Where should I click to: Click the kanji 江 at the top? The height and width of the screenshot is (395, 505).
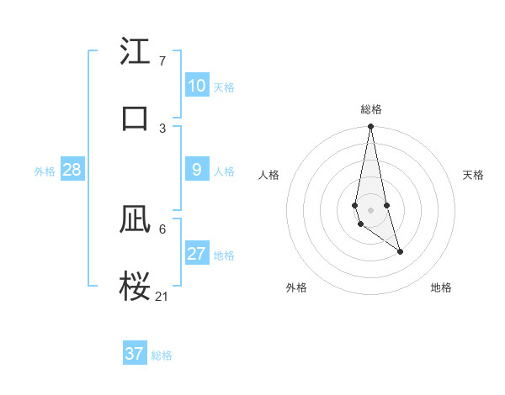135,53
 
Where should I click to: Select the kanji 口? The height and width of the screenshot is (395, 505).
135,118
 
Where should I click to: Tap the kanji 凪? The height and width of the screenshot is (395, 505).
135,220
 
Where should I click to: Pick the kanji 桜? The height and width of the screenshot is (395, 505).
135,286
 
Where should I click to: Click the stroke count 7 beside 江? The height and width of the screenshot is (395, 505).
162,61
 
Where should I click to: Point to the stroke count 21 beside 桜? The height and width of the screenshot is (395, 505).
162,296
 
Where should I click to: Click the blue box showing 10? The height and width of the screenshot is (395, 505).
197,86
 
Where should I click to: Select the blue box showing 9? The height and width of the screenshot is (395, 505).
197,170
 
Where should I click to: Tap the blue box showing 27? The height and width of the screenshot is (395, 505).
197,254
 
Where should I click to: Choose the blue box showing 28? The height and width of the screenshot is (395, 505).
72,170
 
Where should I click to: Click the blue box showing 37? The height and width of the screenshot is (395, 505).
135,354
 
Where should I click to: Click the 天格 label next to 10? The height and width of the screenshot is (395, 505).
224,87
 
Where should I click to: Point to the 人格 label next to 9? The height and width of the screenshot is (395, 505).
224,171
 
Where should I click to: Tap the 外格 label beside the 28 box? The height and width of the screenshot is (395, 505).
45,171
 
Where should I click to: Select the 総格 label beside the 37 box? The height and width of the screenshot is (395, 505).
162,355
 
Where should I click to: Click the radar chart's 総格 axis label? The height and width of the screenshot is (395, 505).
370,109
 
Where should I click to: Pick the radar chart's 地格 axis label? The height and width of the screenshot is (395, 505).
441,287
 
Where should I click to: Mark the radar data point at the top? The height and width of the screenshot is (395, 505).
370,127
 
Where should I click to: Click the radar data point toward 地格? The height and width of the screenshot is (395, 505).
400,251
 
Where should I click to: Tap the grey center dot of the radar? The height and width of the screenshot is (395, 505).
370,209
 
